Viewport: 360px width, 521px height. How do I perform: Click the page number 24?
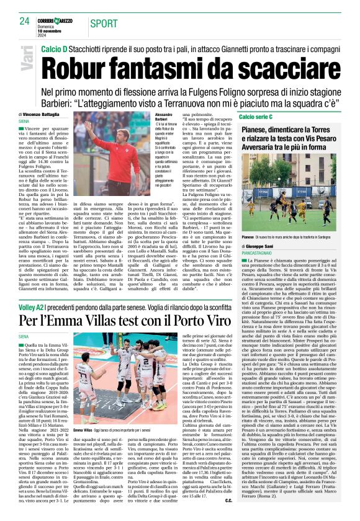[x=24, y=22]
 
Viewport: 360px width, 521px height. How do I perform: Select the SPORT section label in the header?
[x=104, y=23]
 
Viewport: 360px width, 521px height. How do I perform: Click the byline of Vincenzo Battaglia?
[x=46, y=115]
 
